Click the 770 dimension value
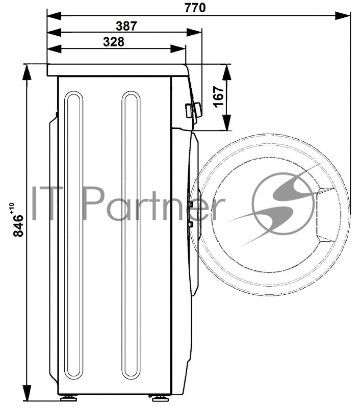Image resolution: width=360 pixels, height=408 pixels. click(x=195, y=7)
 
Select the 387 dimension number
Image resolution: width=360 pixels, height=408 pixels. click(x=126, y=26)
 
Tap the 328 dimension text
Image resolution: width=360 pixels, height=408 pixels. click(x=114, y=42)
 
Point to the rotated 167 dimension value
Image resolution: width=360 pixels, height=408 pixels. click(x=219, y=97)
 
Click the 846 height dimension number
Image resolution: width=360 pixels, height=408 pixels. click(x=18, y=226)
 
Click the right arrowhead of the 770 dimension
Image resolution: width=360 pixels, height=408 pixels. click(x=343, y=16)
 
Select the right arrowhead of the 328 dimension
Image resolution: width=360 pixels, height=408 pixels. click(x=178, y=48)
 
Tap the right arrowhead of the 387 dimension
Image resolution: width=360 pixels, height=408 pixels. click(x=194, y=32)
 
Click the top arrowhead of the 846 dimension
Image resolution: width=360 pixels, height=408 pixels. click(x=27, y=72)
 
